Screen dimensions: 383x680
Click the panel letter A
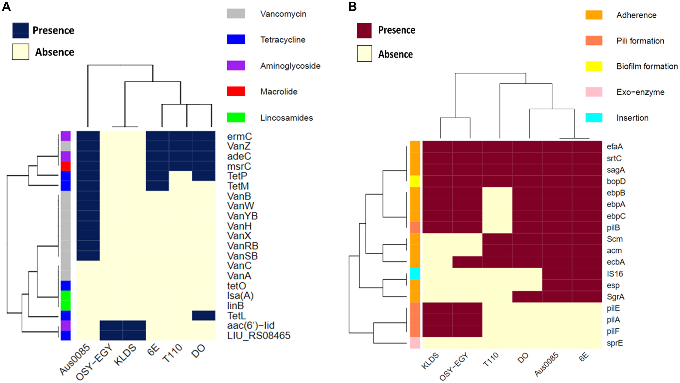pos(6,6)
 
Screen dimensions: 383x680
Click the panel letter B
pos(352,6)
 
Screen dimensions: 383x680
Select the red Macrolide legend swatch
pos(236,91)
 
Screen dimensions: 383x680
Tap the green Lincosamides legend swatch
pos(236,117)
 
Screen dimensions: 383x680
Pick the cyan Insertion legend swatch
pos(594,118)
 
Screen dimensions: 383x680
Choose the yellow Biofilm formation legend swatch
pos(594,66)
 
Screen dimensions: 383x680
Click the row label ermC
pos(239,136)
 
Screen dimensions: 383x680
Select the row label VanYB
pos(242,216)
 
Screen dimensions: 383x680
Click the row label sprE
pos(615,343)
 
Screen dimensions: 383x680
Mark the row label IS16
pos(615,274)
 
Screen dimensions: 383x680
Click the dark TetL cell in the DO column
pos(203,315)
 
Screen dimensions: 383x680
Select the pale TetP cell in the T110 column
pos(181,176)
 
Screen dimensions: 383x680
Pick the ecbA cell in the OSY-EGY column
pos(467,262)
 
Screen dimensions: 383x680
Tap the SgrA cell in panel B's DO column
pos(527,297)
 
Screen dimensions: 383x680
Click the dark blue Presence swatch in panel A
pos(20,30)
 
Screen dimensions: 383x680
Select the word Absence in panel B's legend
pos(395,54)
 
